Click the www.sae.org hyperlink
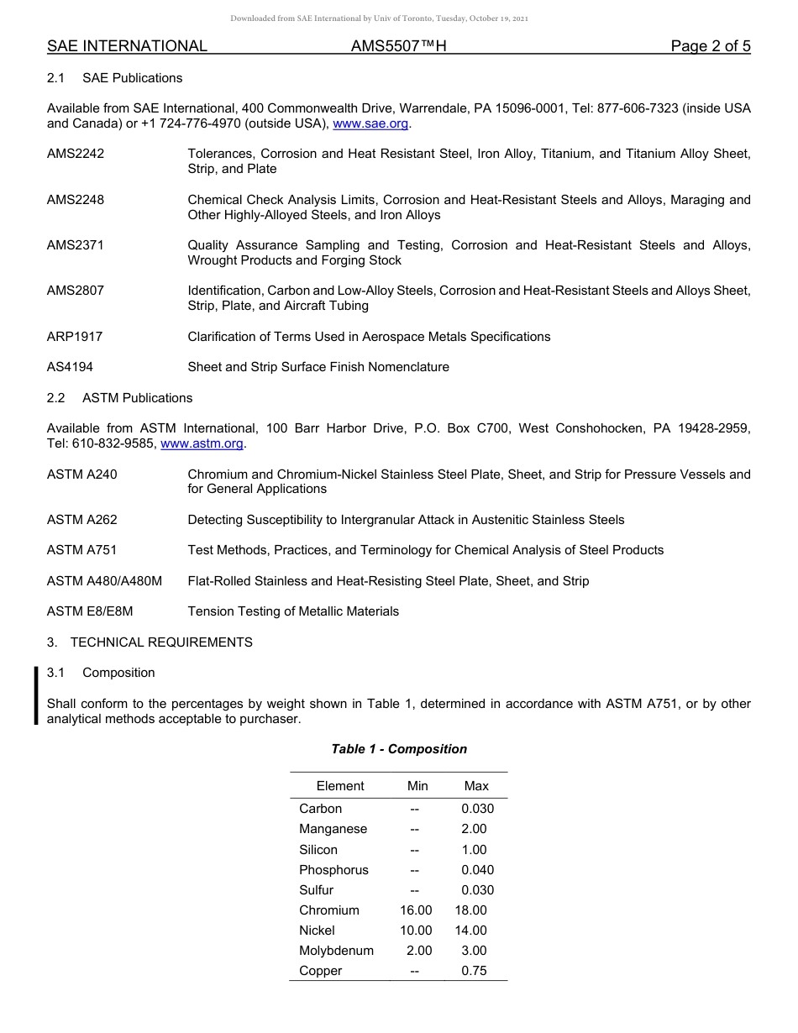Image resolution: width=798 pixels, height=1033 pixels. coord(371,123)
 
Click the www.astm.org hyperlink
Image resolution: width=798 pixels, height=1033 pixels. coord(202,443)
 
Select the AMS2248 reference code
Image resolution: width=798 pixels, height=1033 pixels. coord(76,200)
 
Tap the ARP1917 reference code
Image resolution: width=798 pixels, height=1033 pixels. coord(75,337)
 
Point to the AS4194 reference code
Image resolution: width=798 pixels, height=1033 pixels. coord(71,367)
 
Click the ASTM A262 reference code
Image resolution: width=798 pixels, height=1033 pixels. coord(82,520)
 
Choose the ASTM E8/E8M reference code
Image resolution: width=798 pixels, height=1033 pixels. coord(90,611)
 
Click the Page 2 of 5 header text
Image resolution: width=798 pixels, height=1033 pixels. coord(710,46)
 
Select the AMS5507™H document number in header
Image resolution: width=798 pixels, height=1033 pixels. coord(398,46)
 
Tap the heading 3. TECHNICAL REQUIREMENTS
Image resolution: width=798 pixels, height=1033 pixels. coord(150,642)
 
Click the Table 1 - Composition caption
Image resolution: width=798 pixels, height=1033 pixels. coord(399,749)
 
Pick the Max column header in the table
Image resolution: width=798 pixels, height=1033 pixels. coord(476,786)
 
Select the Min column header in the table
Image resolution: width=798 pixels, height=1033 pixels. coord(417,786)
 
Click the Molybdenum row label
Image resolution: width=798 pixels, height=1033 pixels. coord(336,951)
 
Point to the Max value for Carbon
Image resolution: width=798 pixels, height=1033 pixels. coord(477,809)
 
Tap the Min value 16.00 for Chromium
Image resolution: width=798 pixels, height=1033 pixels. coord(416,910)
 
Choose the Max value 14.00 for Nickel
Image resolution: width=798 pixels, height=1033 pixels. coord(470,931)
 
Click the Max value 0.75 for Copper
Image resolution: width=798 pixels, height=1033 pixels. coord(474,971)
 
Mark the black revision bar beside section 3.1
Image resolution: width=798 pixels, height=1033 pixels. coord(37,695)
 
